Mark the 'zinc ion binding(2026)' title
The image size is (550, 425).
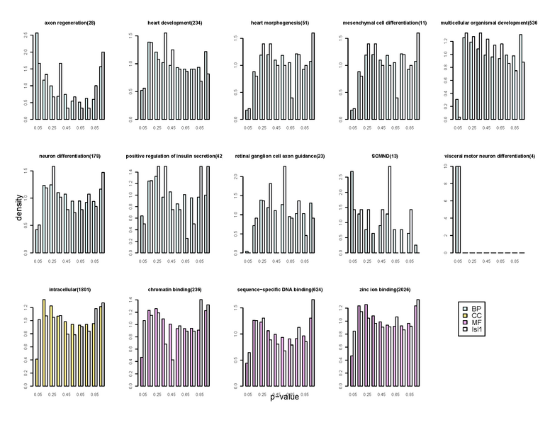tap(379, 289)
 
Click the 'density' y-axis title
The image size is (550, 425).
tap(21, 210)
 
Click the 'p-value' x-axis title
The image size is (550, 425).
tap(284, 397)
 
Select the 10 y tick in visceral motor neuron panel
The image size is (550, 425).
tap(445, 166)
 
